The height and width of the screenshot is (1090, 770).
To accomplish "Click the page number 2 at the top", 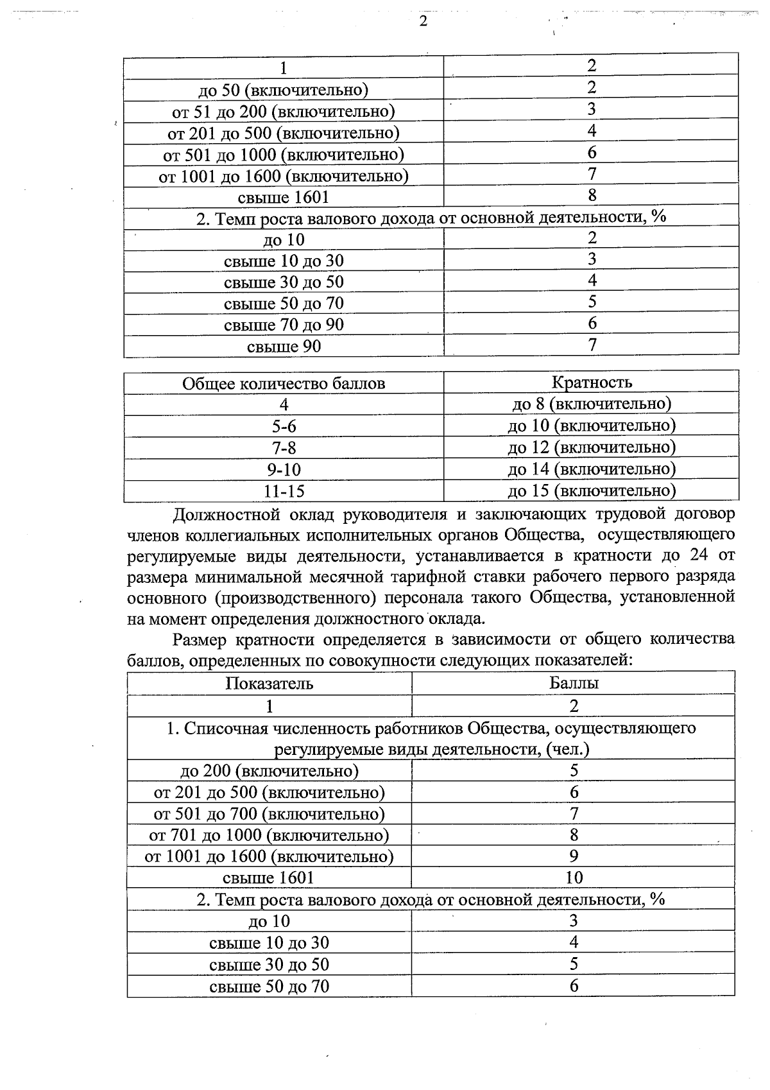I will [x=423, y=22].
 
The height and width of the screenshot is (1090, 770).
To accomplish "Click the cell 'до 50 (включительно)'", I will [x=284, y=90].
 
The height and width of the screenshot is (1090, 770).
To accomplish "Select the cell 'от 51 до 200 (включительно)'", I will [x=284, y=112].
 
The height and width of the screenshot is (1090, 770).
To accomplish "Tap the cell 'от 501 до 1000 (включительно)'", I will [x=284, y=155].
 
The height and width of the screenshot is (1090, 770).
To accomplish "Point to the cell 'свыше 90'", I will [x=284, y=347].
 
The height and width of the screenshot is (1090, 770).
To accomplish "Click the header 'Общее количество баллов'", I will [x=284, y=384].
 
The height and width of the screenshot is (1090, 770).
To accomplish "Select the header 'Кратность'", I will [x=592, y=383].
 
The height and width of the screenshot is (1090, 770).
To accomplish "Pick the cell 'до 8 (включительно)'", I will [x=592, y=404].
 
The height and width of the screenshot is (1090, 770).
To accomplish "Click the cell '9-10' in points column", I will [x=284, y=469].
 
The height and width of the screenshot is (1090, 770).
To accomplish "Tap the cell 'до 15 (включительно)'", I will [x=592, y=491].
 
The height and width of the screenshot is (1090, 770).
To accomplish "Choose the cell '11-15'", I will [x=284, y=492].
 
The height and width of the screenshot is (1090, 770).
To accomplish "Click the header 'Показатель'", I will [x=269, y=683].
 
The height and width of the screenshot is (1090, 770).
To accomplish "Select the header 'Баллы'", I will [x=574, y=683].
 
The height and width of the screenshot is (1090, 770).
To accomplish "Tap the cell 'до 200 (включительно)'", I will [x=269, y=770].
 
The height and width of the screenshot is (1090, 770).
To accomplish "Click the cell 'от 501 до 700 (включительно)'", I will [x=269, y=814].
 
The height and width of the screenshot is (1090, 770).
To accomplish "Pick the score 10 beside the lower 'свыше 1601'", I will [x=574, y=878].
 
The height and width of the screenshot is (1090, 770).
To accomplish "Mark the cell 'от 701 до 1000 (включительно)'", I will [x=269, y=835].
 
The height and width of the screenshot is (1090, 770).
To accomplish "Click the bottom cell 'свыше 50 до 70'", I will [x=269, y=986].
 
